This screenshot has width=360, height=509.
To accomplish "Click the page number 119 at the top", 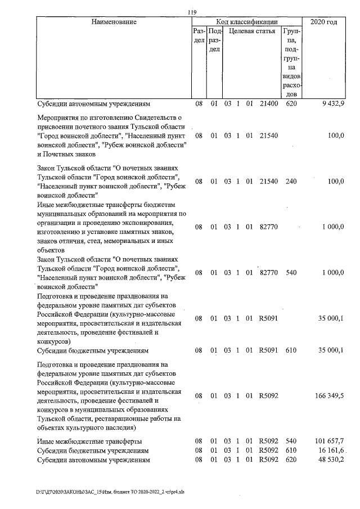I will tap(191, 12).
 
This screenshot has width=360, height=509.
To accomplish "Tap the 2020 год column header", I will tap(324, 22).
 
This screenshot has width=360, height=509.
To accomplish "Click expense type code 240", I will tap(291, 182).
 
